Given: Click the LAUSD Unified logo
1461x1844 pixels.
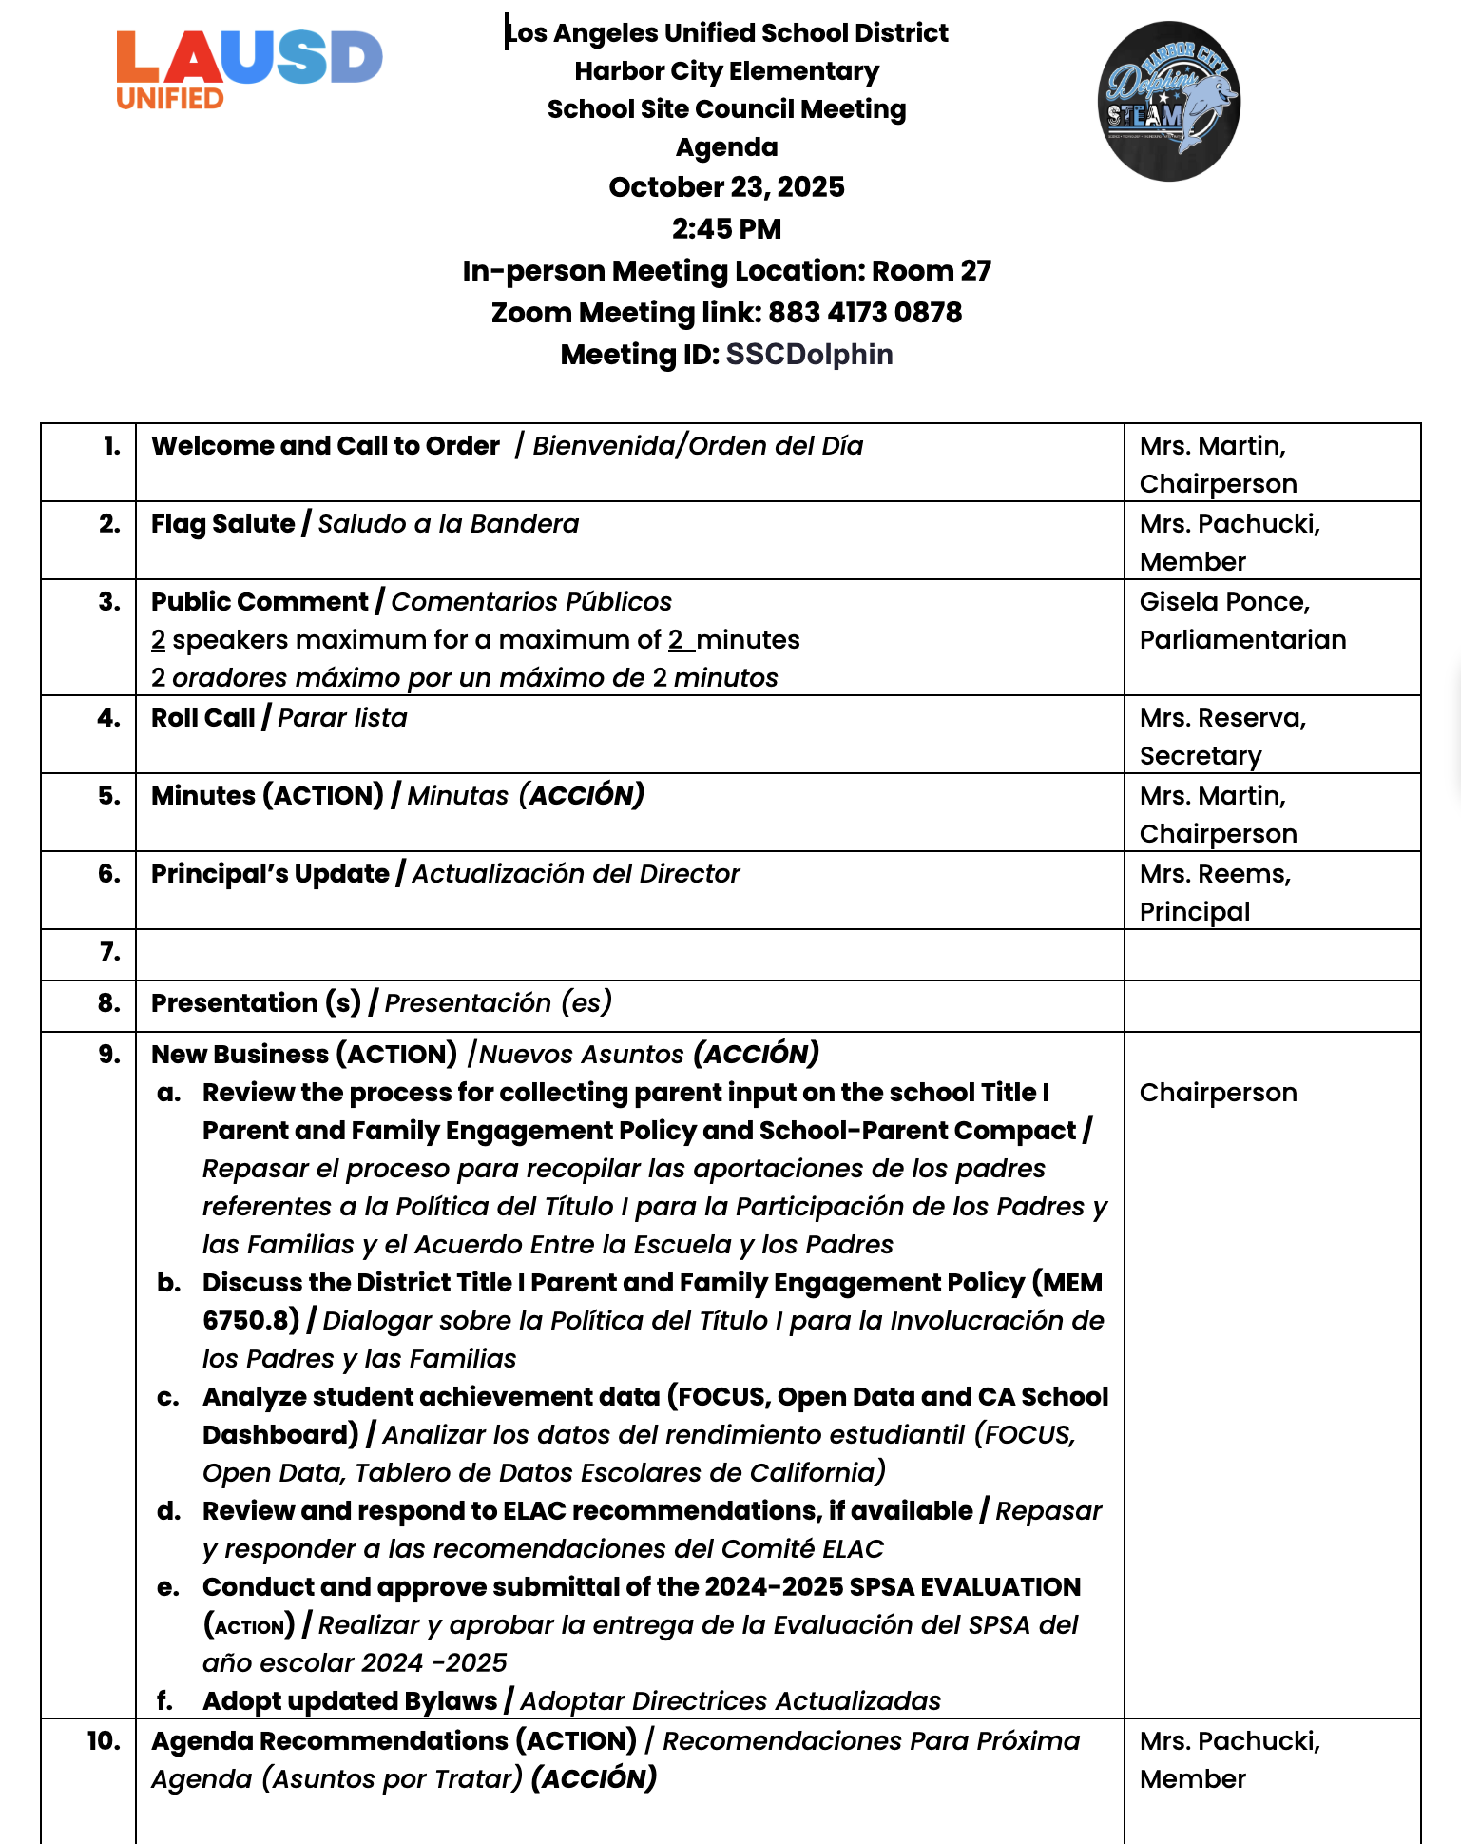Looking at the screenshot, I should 249,69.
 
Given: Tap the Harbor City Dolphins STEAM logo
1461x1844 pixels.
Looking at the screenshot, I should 1168,101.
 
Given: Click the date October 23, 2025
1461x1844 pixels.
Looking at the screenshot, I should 726,187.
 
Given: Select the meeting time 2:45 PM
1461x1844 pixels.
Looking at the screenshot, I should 726,229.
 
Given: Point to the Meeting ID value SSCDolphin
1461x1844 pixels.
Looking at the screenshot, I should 809,355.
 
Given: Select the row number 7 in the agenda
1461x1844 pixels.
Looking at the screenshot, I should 110,952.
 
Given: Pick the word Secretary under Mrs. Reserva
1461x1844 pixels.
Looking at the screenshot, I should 1200,756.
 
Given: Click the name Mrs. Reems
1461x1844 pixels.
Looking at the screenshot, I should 1214,874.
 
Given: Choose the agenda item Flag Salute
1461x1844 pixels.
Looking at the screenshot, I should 222,524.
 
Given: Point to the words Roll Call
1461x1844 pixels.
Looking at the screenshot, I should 202,718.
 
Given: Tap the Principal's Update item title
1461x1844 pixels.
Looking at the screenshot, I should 270,874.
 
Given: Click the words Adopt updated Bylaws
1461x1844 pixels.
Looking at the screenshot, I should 349,1700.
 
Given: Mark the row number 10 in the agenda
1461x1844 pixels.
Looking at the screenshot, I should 104,1741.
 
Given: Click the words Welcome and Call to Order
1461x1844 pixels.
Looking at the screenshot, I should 325,446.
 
